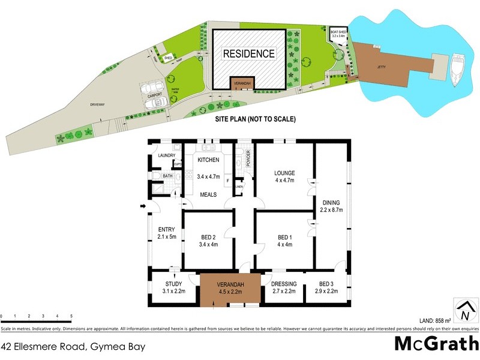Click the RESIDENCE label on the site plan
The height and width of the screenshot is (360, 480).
[249, 54]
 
